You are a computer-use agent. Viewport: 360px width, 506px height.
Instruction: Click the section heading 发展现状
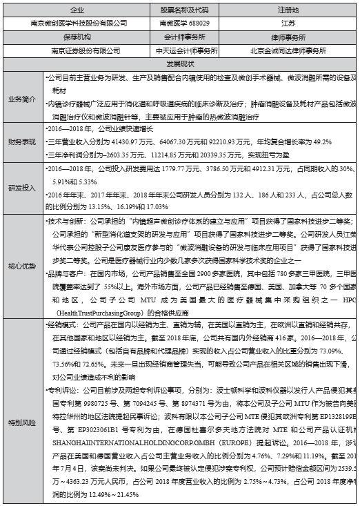(180, 63)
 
